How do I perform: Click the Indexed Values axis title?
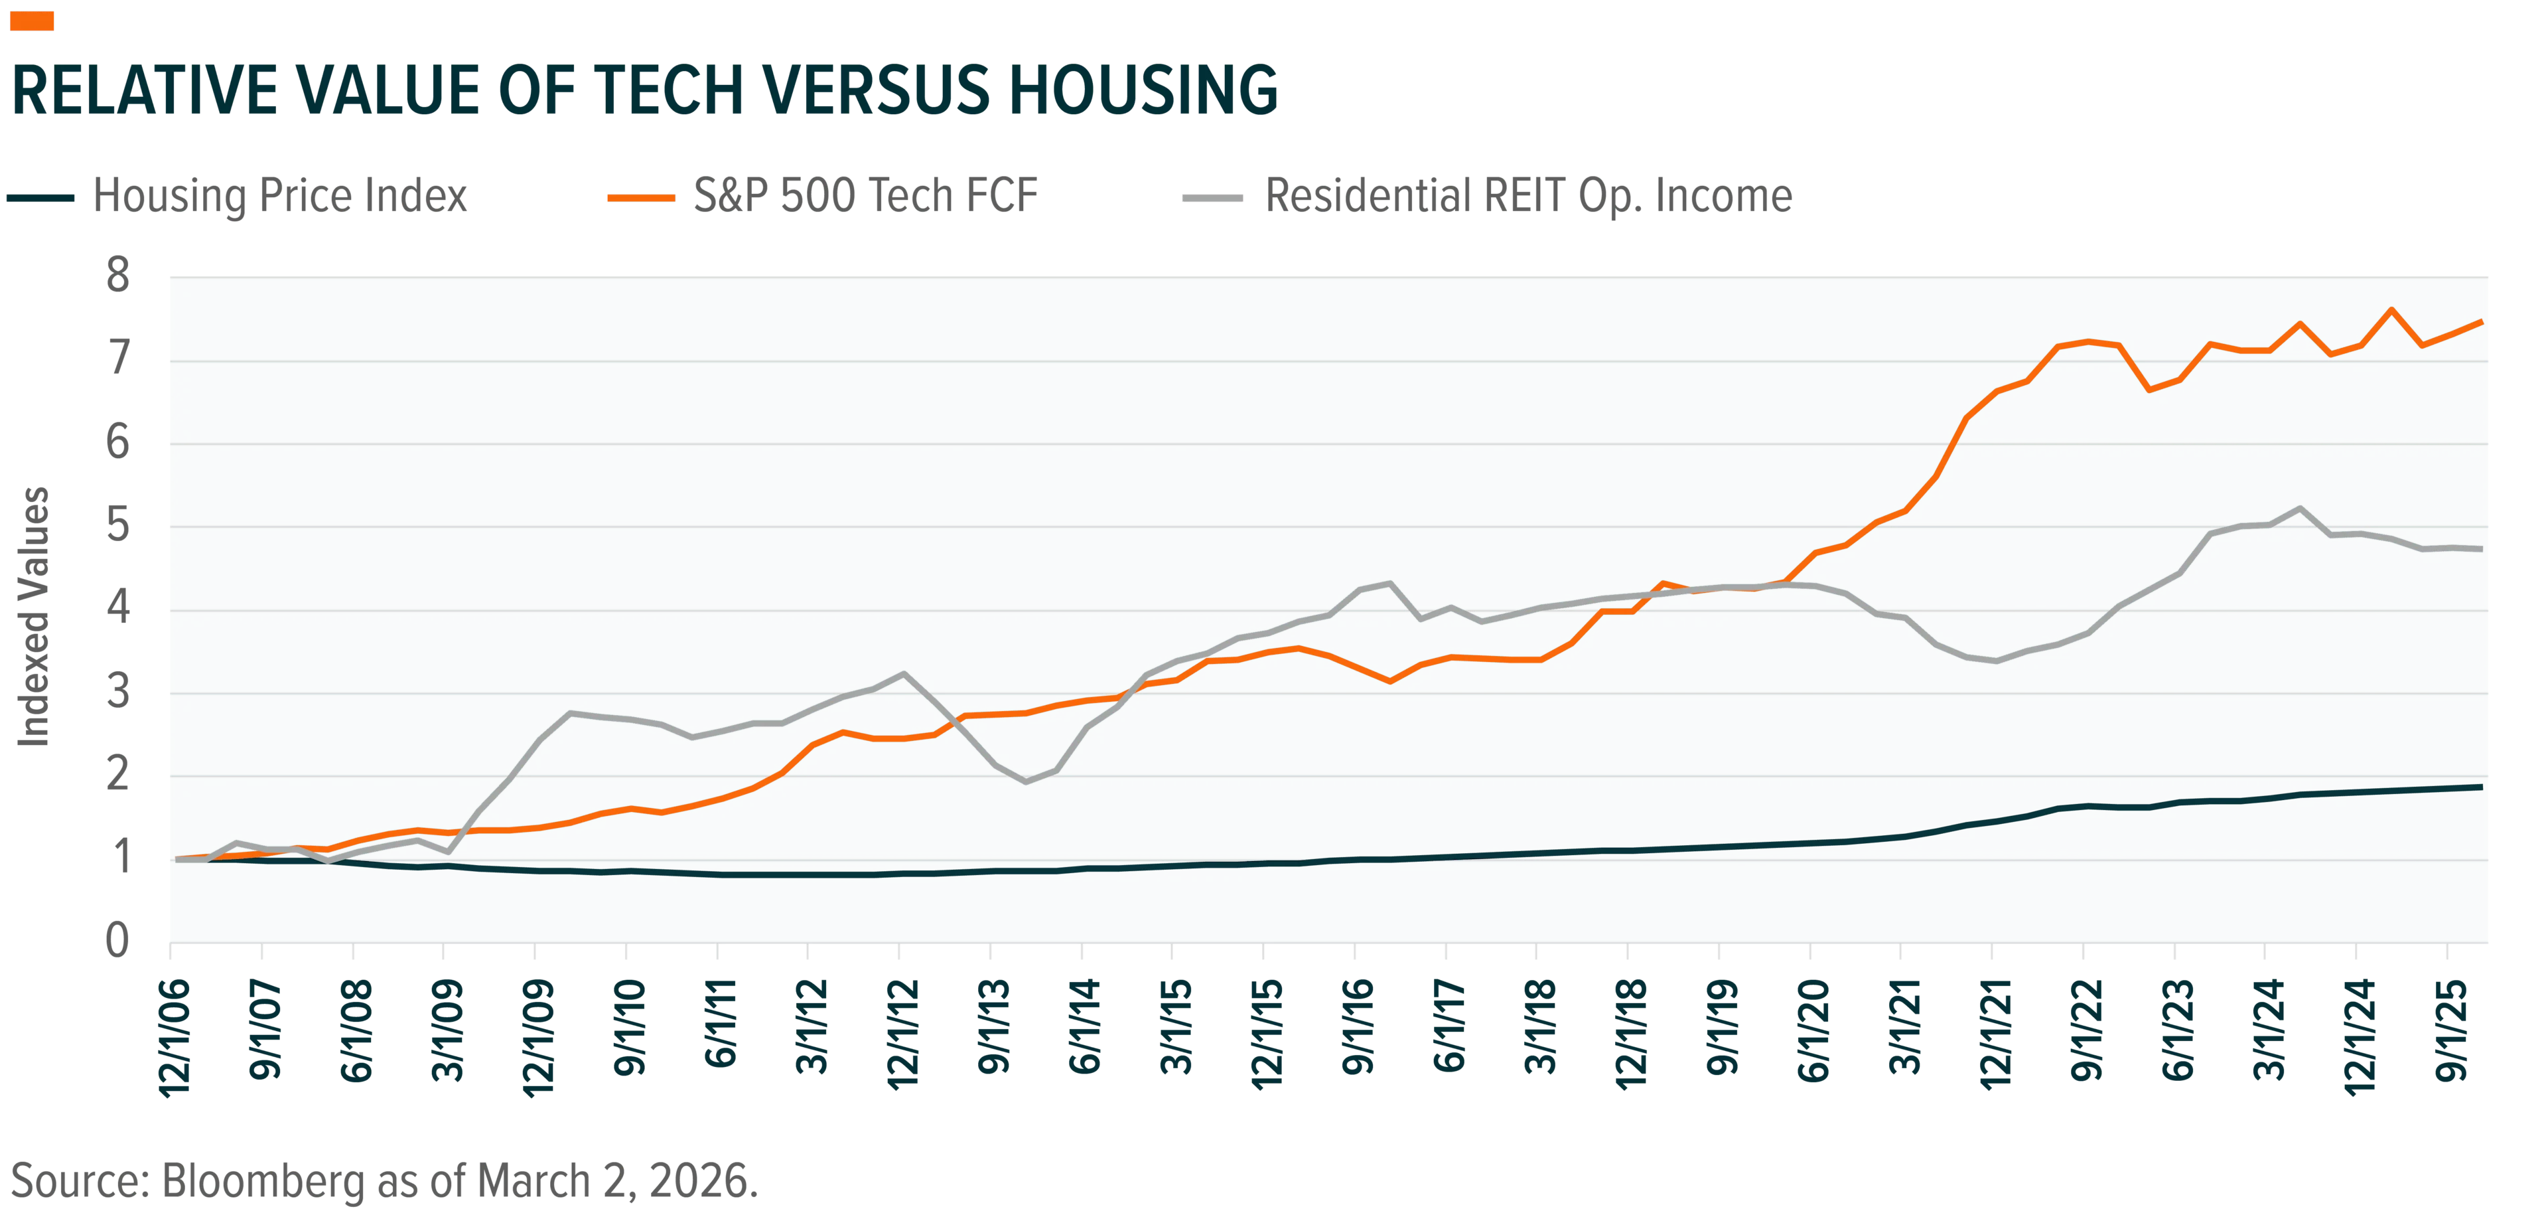(x=35, y=616)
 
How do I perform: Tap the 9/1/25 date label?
(x=2452, y=1030)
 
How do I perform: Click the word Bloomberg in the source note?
(x=263, y=1181)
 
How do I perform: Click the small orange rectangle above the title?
(x=32, y=21)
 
